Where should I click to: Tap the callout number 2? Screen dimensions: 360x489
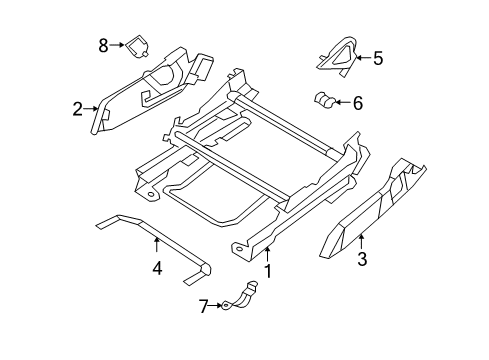click(x=77, y=109)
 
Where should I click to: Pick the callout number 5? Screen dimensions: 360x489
click(x=377, y=58)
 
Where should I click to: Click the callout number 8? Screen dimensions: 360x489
click(x=103, y=44)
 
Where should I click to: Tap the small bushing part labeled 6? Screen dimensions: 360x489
click(x=324, y=100)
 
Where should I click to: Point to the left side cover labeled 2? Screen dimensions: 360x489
click(x=150, y=90)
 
